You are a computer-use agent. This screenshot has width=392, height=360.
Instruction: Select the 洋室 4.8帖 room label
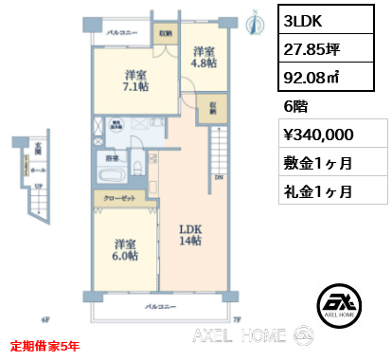pos(203,59)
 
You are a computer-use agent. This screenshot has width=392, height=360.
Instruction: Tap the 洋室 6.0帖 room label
pos(123,248)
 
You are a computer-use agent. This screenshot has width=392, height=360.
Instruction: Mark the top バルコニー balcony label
pos(123,33)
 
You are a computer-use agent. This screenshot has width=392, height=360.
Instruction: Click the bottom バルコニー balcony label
pos(163,307)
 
